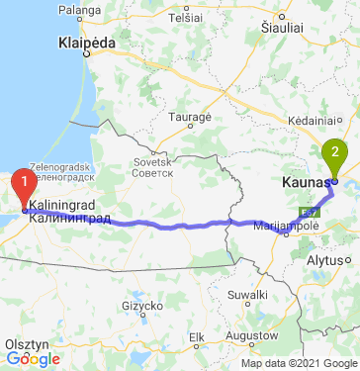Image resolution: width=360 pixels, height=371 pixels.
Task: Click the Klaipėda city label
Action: point(87,45)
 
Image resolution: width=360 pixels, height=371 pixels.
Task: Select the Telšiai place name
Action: point(185,18)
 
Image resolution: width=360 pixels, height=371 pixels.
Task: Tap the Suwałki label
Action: point(248,295)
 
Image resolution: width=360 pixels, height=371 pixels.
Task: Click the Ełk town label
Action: point(196,336)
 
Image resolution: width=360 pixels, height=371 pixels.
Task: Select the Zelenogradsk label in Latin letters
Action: point(60,167)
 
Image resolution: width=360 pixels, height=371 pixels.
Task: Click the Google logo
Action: point(33,359)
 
